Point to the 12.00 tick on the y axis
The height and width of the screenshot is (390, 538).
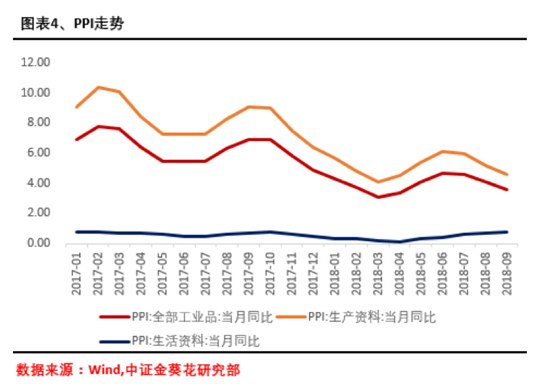[x=35, y=62]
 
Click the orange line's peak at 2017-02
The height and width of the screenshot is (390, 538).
[x=98, y=87]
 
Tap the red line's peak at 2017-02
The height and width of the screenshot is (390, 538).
[x=98, y=126]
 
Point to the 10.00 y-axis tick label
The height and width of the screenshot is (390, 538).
[x=35, y=93]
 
